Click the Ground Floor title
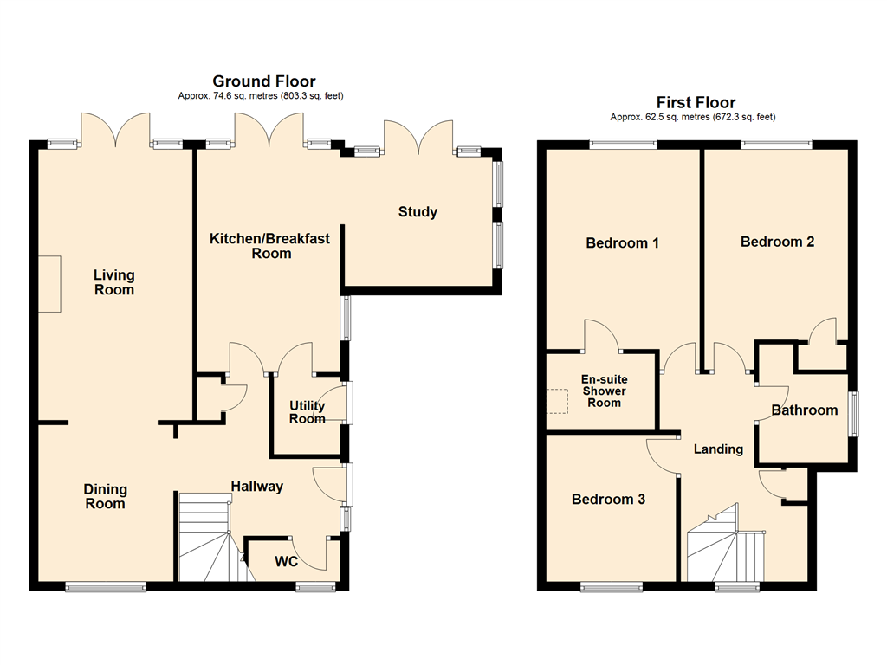point(264,81)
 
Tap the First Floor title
point(696,102)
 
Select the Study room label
point(418,212)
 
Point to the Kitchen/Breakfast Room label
point(270,246)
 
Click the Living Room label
point(114,282)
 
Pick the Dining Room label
point(105,496)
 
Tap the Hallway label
point(256,487)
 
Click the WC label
point(286,561)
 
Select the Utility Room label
point(308,412)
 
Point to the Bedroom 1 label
point(622,243)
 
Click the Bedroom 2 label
point(777,242)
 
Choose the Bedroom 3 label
point(608,500)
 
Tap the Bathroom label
point(805,410)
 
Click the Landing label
point(718,449)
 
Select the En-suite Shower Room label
point(604,391)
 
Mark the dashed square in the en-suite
point(557,402)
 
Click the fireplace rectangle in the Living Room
point(49,283)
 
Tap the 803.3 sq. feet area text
point(311,96)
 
